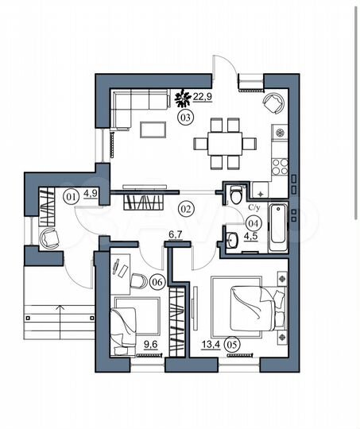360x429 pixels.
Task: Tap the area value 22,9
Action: click(x=203, y=97)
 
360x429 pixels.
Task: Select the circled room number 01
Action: click(x=71, y=196)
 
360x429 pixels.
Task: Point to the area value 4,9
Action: click(x=90, y=194)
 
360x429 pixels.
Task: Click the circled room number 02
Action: click(x=186, y=208)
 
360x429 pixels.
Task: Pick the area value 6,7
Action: click(x=176, y=235)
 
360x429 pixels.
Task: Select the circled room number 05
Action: click(x=231, y=345)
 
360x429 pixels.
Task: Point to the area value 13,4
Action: click(x=211, y=345)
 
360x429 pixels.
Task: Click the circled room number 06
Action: click(x=157, y=282)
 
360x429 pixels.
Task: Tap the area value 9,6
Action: click(x=151, y=345)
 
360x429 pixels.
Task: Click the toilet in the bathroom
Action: click(x=235, y=195)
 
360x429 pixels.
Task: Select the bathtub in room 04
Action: click(x=278, y=228)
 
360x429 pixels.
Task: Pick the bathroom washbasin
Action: click(x=232, y=240)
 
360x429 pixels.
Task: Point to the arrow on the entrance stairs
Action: click(x=60, y=322)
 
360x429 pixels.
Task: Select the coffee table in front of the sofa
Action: click(x=153, y=129)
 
